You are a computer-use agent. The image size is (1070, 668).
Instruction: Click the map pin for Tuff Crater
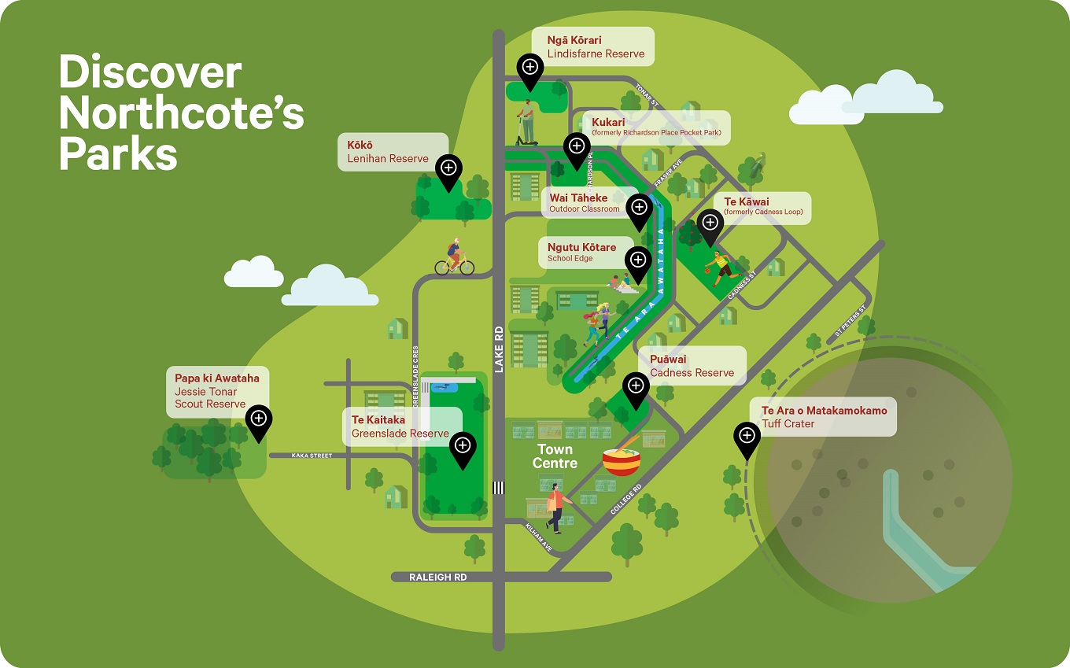(747, 436)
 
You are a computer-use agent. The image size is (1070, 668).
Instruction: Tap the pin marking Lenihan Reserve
(449, 168)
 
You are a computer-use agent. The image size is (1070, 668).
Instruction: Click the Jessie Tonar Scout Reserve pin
(258, 419)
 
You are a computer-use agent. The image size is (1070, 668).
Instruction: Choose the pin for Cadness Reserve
(635, 386)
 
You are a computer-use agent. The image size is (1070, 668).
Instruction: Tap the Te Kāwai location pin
(710, 223)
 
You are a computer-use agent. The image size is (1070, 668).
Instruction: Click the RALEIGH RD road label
(437, 577)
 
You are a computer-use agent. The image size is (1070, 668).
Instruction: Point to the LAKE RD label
(498, 349)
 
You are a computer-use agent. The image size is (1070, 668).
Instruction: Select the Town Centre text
(555, 456)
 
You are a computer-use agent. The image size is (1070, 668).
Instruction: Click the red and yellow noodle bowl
(622, 461)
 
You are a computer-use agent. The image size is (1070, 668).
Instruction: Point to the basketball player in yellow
(721, 266)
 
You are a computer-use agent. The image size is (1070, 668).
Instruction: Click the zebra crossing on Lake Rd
(498, 488)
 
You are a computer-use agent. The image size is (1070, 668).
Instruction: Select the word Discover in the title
(149, 72)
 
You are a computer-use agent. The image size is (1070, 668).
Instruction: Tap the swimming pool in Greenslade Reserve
(441, 387)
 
